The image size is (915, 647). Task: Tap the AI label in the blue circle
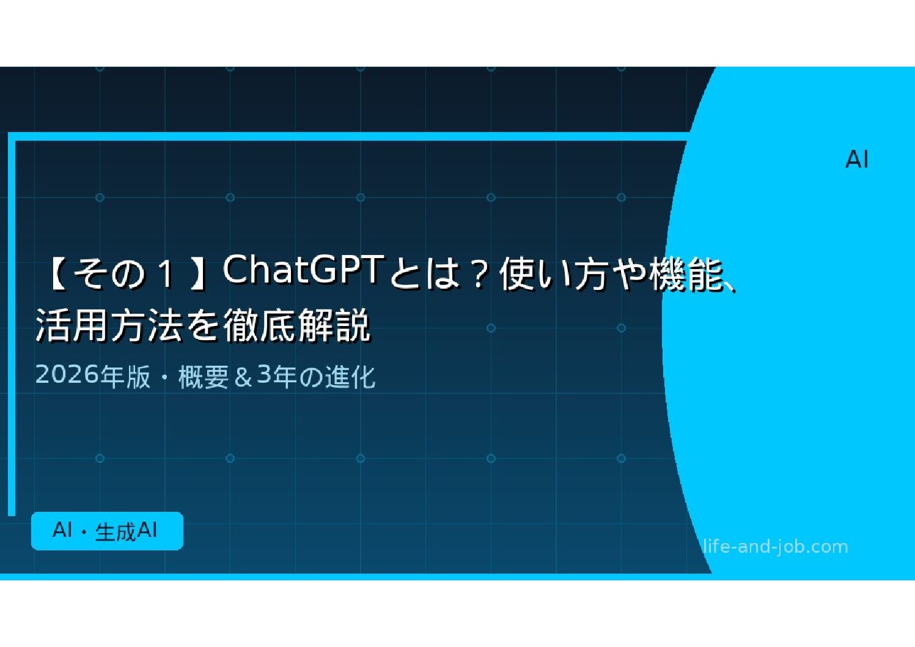[x=856, y=160]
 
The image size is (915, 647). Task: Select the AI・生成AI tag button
[x=107, y=531]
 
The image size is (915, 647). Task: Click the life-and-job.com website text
[x=775, y=547]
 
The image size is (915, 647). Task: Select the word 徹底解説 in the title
[x=296, y=326]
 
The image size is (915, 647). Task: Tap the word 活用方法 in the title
[x=109, y=326]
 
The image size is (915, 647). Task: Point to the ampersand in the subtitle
[x=243, y=377]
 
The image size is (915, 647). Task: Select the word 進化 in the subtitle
[x=350, y=377]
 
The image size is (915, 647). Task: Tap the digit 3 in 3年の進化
[x=264, y=375]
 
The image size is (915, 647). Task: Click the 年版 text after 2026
[x=125, y=377]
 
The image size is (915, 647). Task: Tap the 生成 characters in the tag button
[x=115, y=532]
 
